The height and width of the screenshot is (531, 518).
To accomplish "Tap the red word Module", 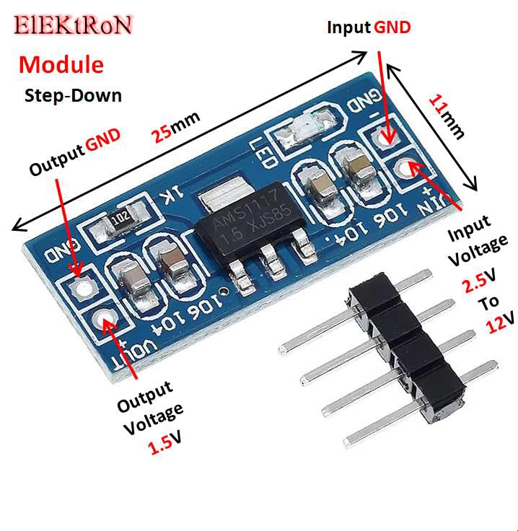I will click(61, 64).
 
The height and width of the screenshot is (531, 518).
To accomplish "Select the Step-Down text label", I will click(73, 95).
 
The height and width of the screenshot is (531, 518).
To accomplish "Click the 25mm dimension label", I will click(175, 127).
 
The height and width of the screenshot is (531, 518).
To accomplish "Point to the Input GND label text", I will click(369, 27).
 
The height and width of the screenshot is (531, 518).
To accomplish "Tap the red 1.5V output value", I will click(164, 445).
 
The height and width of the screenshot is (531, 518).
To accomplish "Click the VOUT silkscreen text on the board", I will click(141, 345).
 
